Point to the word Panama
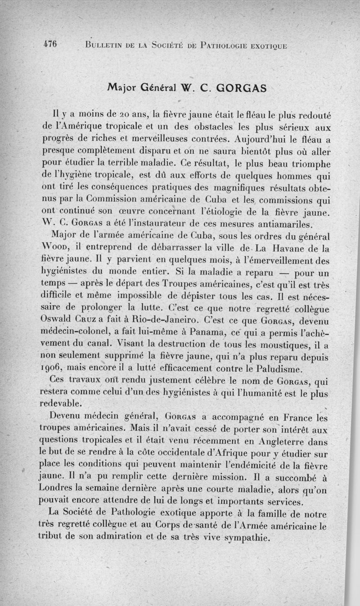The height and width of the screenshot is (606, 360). click(189, 334)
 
